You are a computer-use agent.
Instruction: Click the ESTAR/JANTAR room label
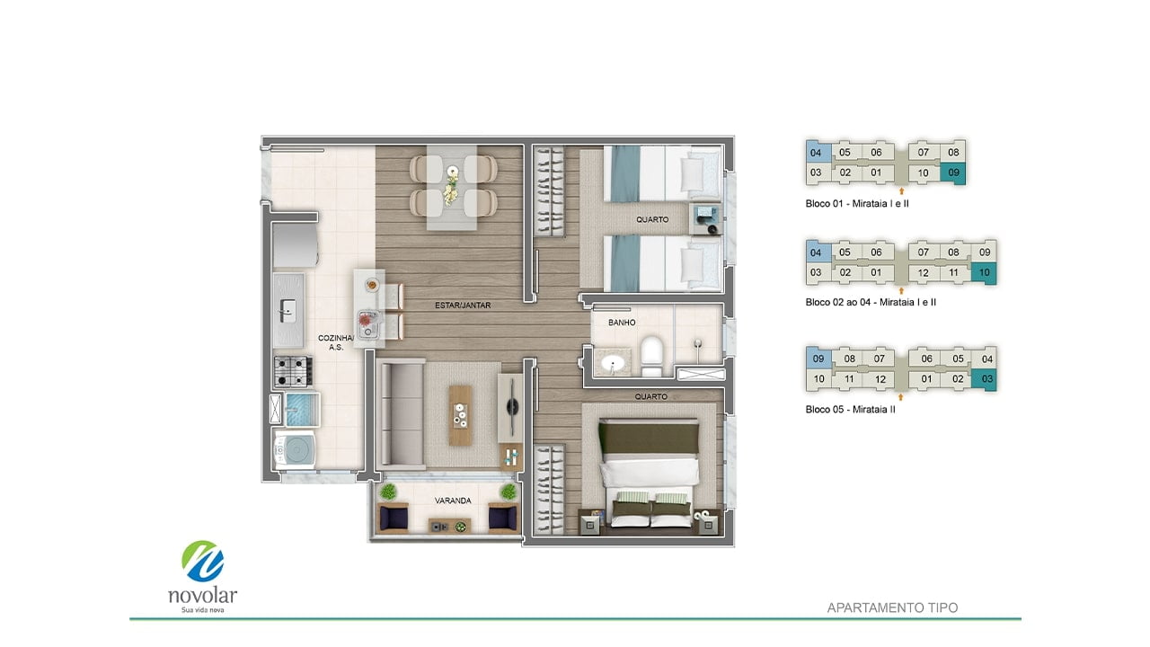(x=463, y=305)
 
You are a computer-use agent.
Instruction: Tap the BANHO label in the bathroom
(x=622, y=323)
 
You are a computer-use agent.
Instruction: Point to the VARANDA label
(x=453, y=501)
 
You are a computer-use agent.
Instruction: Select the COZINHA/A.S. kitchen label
(x=336, y=342)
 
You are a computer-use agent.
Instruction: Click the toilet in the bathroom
(x=652, y=355)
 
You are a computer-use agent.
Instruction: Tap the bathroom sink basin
(x=613, y=364)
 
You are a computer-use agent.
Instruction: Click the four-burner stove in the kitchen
(x=293, y=371)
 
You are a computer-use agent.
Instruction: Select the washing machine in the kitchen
(x=295, y=450)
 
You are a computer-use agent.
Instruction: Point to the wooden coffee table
(x=461, y=415)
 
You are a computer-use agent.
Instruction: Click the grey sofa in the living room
(x=401, y=414)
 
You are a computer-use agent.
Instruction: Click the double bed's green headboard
(x=650, y=437)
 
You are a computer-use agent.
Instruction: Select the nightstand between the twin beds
(x=705, y=218)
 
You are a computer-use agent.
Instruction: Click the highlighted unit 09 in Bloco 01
(x=953, y=173)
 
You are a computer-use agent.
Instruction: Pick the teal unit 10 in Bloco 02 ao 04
(x=984, y=272)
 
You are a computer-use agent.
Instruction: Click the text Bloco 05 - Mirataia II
(x=850, y=409)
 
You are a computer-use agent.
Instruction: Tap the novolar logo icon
(x=203, y=562)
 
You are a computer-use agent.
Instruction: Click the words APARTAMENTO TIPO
(x=892, y=608)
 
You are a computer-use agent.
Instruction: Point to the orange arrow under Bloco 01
(x=901, y=191)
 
